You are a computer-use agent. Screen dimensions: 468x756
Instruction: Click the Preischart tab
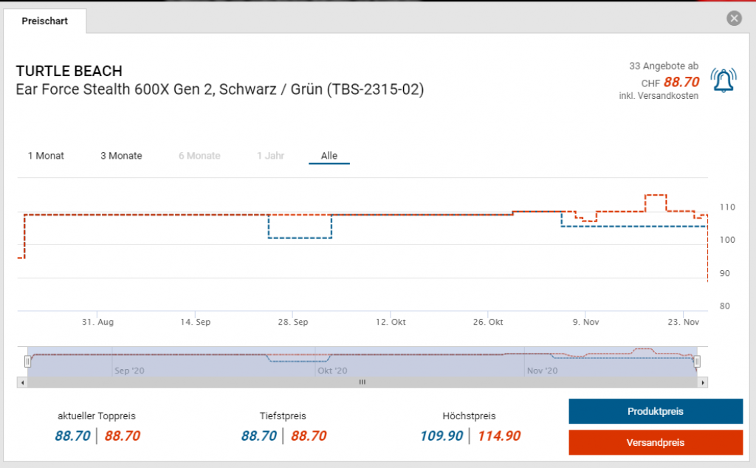pos(45,21)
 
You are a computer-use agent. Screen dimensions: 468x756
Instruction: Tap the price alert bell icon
pos(724,79)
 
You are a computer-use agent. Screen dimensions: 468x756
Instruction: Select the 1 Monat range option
pos(46,156)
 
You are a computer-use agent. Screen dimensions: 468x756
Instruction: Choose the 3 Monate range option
pos(121,156)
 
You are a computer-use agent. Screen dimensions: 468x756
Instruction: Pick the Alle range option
pos(329,156)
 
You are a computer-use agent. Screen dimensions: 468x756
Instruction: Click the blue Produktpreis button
pos(655,411)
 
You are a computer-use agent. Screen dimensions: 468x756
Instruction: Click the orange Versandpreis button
pos(655,442)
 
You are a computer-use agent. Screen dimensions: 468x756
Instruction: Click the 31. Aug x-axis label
pos(97,323)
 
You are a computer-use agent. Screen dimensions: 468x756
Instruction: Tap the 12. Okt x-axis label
pos(391,323)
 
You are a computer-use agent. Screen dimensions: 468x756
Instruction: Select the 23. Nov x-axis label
pos(683,323)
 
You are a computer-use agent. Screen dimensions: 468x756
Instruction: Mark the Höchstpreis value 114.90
pos(498,436)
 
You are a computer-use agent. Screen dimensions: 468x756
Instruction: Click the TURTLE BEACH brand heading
pos(69,72)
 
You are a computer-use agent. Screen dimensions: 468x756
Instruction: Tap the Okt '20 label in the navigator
pos(331,371)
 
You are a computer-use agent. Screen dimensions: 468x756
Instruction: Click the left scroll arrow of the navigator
pos(22,382)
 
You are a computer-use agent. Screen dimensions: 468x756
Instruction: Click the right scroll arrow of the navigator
pos(703,382)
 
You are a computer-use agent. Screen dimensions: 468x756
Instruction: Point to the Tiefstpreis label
pos(283,416)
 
